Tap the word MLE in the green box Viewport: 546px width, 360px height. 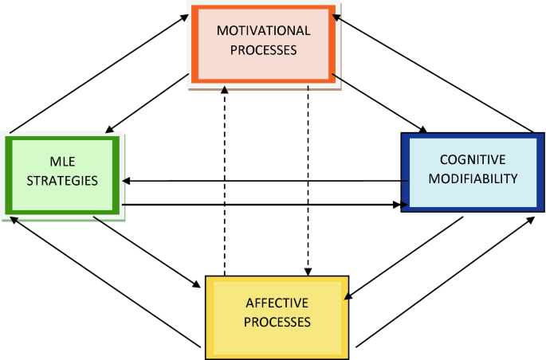tap(62, 162)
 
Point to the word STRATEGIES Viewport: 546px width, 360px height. tap(62, 180)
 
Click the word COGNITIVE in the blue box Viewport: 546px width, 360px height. tap(473, 159)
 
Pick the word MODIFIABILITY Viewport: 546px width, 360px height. tap(473, 178)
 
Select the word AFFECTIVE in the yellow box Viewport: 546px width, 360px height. tap(277, 305)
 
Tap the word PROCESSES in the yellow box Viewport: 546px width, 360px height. tap(277, 323)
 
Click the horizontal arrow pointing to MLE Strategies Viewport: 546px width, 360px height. tap(263, 181)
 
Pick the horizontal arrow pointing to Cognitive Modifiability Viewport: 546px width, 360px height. tap(263, 205)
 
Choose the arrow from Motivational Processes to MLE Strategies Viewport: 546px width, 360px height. tap(147, 104)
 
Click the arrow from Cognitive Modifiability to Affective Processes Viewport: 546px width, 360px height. tap(403, 258)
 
